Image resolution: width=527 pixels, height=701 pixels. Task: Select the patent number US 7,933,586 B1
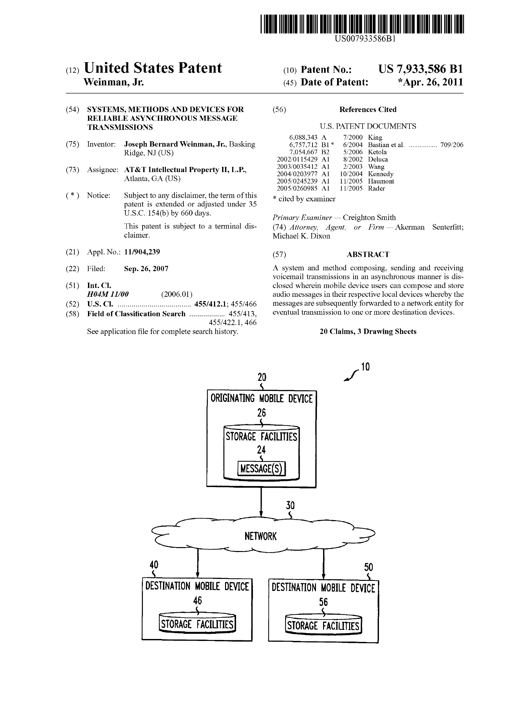[420, 69]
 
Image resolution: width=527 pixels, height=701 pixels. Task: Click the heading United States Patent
[153, 68]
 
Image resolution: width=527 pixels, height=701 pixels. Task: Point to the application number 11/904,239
[142, 252]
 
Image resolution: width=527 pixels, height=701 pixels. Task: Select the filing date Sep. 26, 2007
[146, 269]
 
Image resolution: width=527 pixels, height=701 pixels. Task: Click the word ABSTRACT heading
[368, 255]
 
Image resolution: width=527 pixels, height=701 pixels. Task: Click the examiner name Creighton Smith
[369, 218]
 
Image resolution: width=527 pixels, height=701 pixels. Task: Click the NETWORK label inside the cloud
[260, 536]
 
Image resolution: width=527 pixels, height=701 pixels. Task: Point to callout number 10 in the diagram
[365, 367]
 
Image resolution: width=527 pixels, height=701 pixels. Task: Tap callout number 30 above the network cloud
[290, 505]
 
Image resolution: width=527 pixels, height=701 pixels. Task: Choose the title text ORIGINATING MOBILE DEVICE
[261, 398]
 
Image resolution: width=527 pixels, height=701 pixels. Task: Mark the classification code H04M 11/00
[108, 294]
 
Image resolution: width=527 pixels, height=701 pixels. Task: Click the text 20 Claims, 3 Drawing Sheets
[368, 332]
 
